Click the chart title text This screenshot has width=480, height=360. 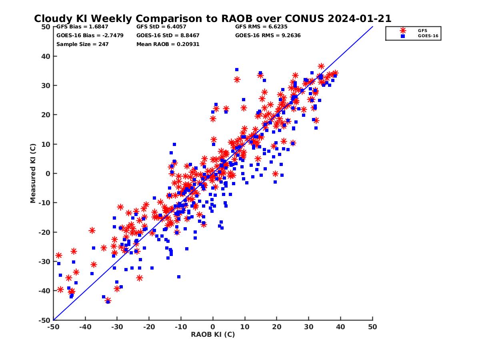pyautogui.click(x=212, y=19)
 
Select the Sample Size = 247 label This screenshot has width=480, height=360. pyautogui.click(x=82, y=44)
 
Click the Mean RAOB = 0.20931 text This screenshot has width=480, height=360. pyautogui.click(x=168, y=44)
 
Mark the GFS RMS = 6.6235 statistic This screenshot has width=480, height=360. pyautogui.click(x=261, y=27)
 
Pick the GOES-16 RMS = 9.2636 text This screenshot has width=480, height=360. pyautogui.click(x=268, y=35)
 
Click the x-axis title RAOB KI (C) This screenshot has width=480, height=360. pyautogui.click(x=213, y=334)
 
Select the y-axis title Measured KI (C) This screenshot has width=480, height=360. pyautogui.click(x=33, y=174)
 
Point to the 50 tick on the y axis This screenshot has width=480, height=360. pyautogui.click(x=46, y=27)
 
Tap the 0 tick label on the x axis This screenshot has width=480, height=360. pyautogui.click(x=213, y=327)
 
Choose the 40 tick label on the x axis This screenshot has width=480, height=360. pyautogui.click(x=341, y=327)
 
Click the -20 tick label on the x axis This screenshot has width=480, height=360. pyautogui.click(x=149, y=327)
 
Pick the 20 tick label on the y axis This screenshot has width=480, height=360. pyautogui.click(x=46, y=115)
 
